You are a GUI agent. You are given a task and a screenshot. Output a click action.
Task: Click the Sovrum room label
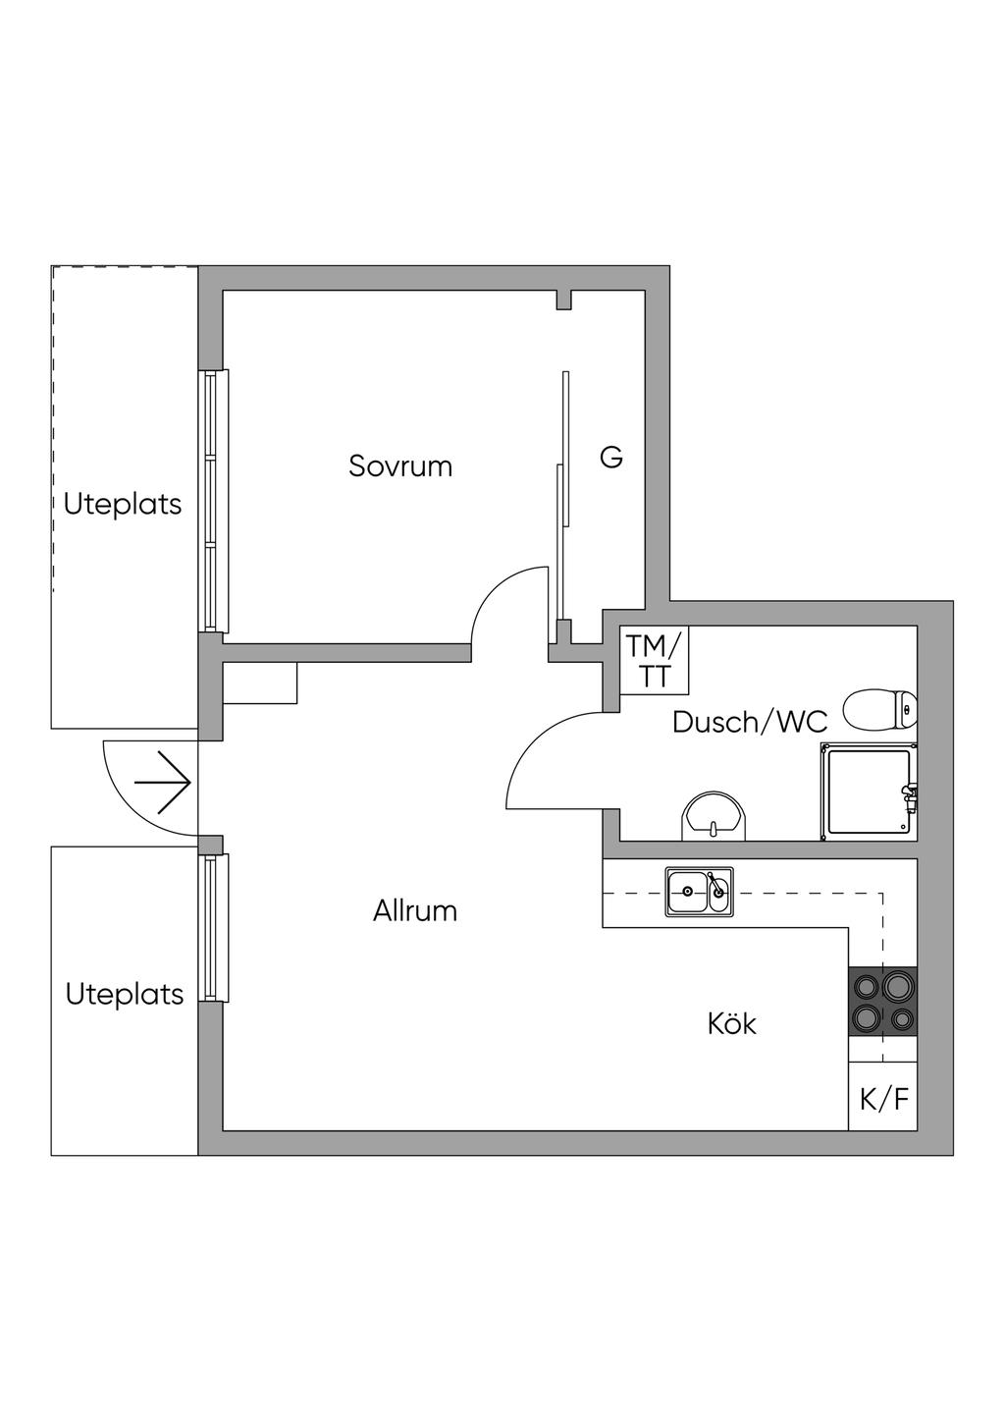[x=400, y=465]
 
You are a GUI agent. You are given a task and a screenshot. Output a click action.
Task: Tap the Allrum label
[x=414, y=911]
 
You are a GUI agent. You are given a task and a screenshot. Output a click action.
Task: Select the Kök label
[x=731, y=1024]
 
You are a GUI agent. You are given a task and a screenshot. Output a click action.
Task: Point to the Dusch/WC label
[x=750, y=722]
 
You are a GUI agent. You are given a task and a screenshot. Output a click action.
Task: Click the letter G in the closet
[x=610, y=458]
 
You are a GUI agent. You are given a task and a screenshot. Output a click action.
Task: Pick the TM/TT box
[x=655, y=660]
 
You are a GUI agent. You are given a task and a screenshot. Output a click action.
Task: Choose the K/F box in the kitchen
[x=883, y=1098]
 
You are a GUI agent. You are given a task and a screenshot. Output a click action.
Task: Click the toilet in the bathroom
[x=880, y=709]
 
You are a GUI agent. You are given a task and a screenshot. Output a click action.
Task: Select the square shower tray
[x=870, y=792]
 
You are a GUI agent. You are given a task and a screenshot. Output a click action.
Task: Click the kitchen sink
[x=699, y=892]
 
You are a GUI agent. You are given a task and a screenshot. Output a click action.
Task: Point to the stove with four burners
[x=883, y=1002]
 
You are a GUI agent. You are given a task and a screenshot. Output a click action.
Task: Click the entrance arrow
[x=163, y=783]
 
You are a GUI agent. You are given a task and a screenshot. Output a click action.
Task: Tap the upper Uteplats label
[x=123, y=505]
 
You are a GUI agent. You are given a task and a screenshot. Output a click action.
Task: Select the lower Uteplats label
[x=125, y=995]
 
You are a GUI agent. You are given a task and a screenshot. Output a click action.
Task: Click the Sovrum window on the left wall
[x=213, y=501]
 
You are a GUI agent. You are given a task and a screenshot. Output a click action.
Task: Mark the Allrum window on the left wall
[x=213, y=928]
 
